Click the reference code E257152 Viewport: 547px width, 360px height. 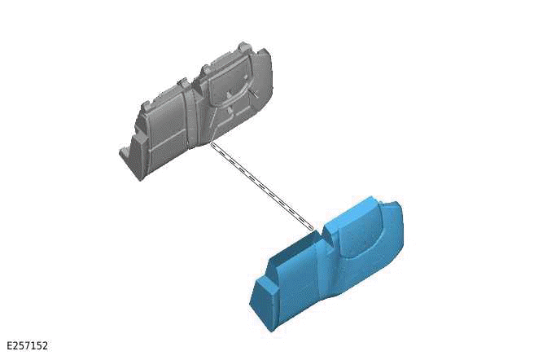point(27,345)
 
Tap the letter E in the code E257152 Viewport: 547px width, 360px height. point(10,345)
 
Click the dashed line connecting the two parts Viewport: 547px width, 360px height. point(261,187)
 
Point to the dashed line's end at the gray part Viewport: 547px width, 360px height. point(212,143)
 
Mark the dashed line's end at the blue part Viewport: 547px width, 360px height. point(311,228)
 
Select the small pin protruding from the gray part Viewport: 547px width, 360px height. point(255,93)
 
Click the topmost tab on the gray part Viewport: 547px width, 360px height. point(243,46)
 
